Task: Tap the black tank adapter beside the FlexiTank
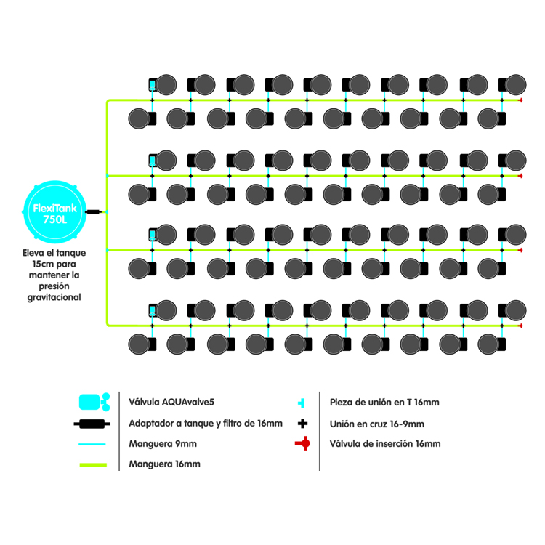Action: tap(94, 212)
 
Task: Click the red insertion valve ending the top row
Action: tap(520, 100)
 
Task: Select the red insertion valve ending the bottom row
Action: tap(520, 326)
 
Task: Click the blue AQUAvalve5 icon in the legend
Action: tap(92, 401)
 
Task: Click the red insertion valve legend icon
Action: tap(302, 443)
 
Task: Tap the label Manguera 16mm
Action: tap(164, 464)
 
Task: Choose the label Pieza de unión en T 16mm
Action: tap(384, 403)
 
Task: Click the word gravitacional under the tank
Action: tap(54, 297)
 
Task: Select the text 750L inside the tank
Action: tap(54, 218)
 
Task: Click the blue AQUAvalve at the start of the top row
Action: tap(153, 84)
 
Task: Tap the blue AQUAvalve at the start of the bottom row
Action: tap(153, 309)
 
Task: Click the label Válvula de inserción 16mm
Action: tap(385, 443)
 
